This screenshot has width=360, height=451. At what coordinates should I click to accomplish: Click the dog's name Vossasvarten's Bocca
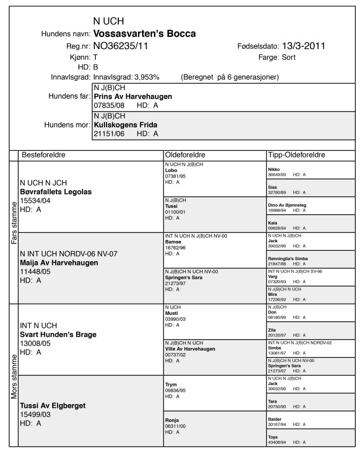point(144,34)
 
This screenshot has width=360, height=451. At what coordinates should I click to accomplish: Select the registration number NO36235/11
point(120,46)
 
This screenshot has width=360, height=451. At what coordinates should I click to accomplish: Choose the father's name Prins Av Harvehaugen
point(133,97)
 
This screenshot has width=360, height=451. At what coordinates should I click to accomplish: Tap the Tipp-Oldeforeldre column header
point(297,155)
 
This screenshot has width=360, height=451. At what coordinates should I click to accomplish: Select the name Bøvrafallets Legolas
point(56,192)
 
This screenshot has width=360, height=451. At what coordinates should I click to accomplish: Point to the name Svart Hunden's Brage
point(58,334)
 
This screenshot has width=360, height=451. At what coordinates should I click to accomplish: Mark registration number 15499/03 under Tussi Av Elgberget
point(34,414)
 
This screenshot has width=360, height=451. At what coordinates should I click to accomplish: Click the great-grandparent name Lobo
point(171,171)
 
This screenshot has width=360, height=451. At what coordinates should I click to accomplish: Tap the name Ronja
point(172,420)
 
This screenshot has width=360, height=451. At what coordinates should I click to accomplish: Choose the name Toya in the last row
point(274,437)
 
